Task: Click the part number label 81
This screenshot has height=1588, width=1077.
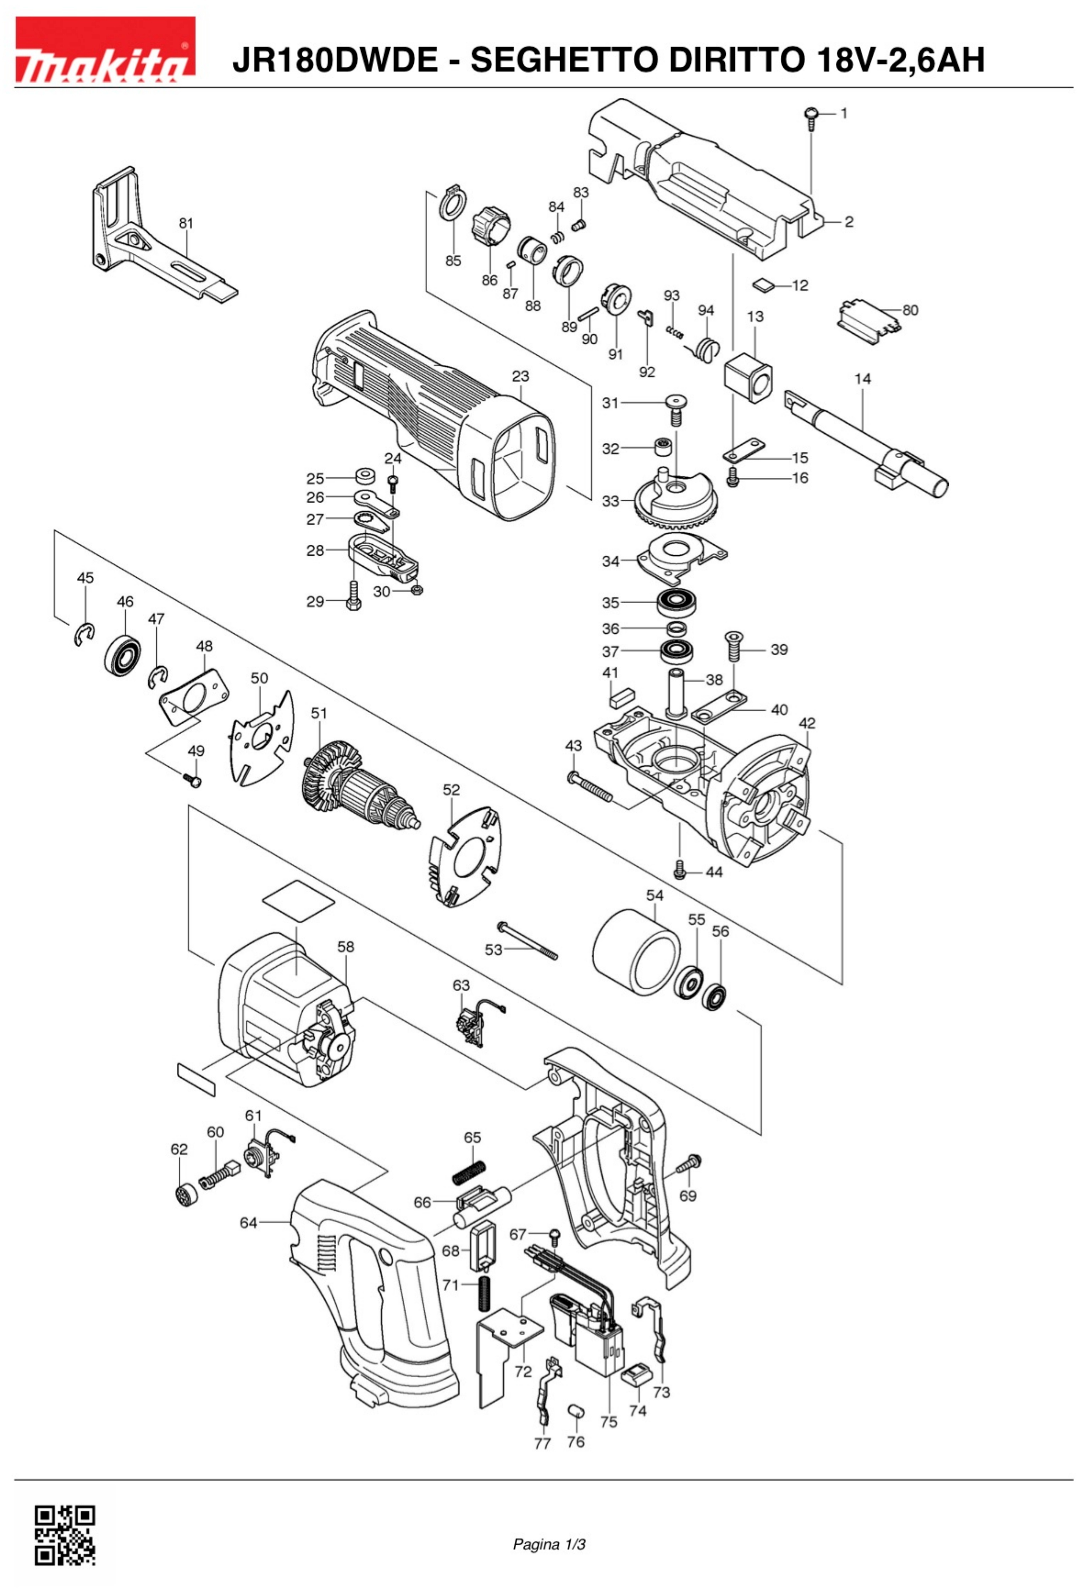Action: pos(186,223)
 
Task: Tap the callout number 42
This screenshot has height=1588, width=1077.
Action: pos(807,723)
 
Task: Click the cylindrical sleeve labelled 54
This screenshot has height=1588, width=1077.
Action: pos(636,954)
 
